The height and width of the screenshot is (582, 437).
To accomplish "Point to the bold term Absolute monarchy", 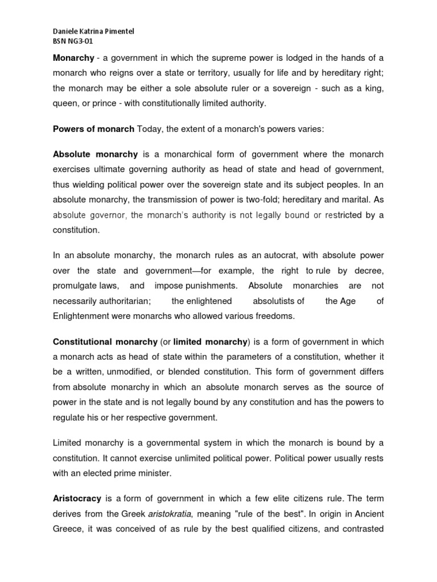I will pos(95,154).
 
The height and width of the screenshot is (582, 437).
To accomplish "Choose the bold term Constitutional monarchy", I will pos(105,342).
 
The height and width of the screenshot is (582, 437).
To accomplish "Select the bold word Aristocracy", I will pos(77,498).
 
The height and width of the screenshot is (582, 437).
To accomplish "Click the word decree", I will pos(371,271).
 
